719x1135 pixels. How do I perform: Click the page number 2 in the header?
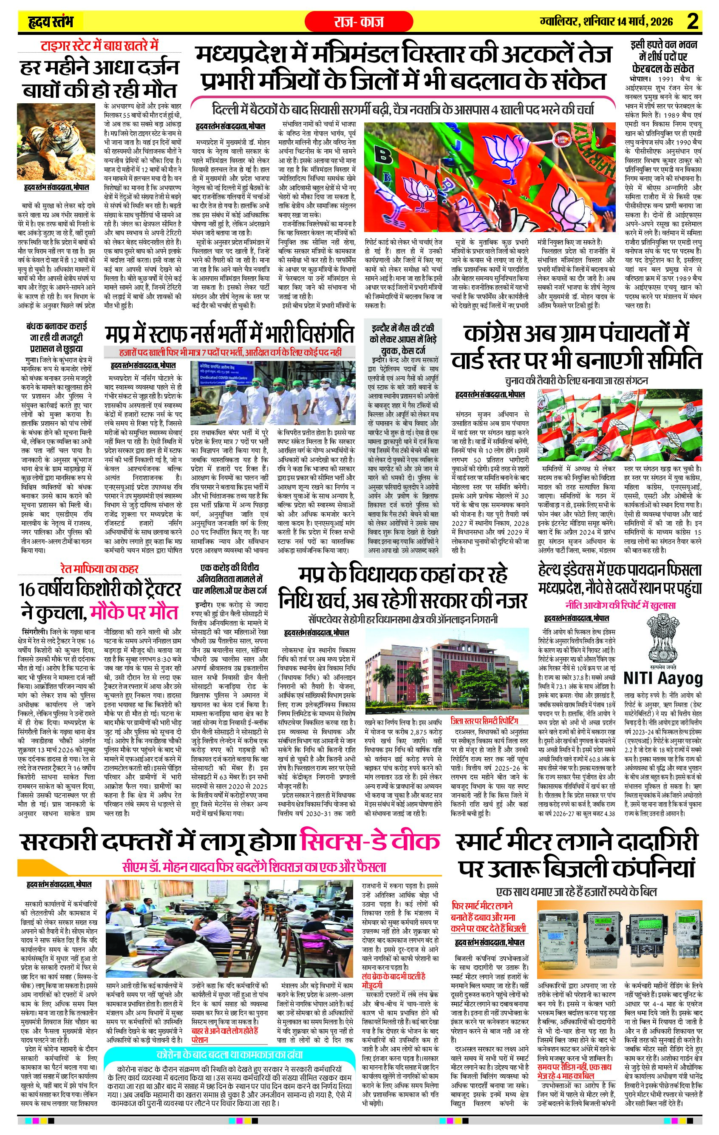pos(692,22)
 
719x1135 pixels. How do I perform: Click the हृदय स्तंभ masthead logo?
pos(51,22)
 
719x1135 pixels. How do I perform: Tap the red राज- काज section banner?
pos(359,22)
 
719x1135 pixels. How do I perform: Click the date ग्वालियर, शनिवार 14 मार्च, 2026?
pos(607,22)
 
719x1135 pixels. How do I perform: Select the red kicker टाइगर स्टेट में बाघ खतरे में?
pos(99,46)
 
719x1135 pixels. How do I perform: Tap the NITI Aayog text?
pos(662,679)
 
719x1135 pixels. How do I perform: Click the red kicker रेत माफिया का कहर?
pos(99,569)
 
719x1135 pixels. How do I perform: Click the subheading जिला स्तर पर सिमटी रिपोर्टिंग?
pos(484,721)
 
